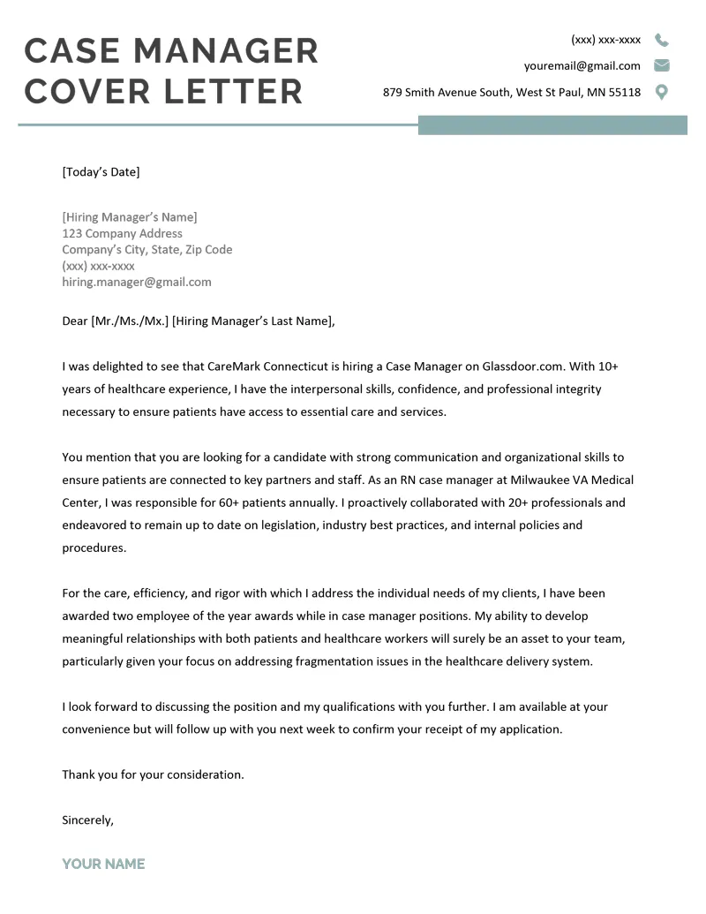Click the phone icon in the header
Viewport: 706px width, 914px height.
click(661, 40)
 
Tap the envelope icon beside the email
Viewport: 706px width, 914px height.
click(661, 65)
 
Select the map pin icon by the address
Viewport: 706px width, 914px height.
click(661, 92)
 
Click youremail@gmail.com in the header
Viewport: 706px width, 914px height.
click(582, 65)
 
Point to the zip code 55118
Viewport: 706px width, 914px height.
click(624, 92)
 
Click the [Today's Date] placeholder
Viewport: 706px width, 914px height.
click(101, 172)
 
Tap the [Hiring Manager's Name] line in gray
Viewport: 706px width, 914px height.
click(130, 217)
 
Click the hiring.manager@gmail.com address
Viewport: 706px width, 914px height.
click(137, 282)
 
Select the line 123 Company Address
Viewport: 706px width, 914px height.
click(122, 233)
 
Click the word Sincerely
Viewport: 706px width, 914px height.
click(87, 820)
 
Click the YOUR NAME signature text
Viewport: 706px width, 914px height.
click(103, 864)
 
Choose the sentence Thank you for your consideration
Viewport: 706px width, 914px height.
click(153, 774)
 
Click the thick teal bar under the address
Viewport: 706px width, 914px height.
click(552, 125)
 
